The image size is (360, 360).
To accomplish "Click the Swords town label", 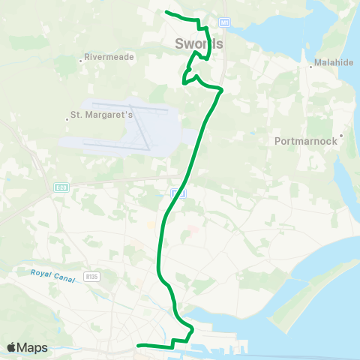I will click(x=199, y=43).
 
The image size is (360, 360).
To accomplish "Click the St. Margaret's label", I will click(x=101, y=115).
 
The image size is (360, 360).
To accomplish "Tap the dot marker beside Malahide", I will click(x=311, y=66).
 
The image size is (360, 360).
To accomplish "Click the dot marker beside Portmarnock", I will click(x=341, y=136).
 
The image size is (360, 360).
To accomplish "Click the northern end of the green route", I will click(x=166, y=11).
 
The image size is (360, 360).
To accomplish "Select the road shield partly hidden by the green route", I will click(x=177, y=193).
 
